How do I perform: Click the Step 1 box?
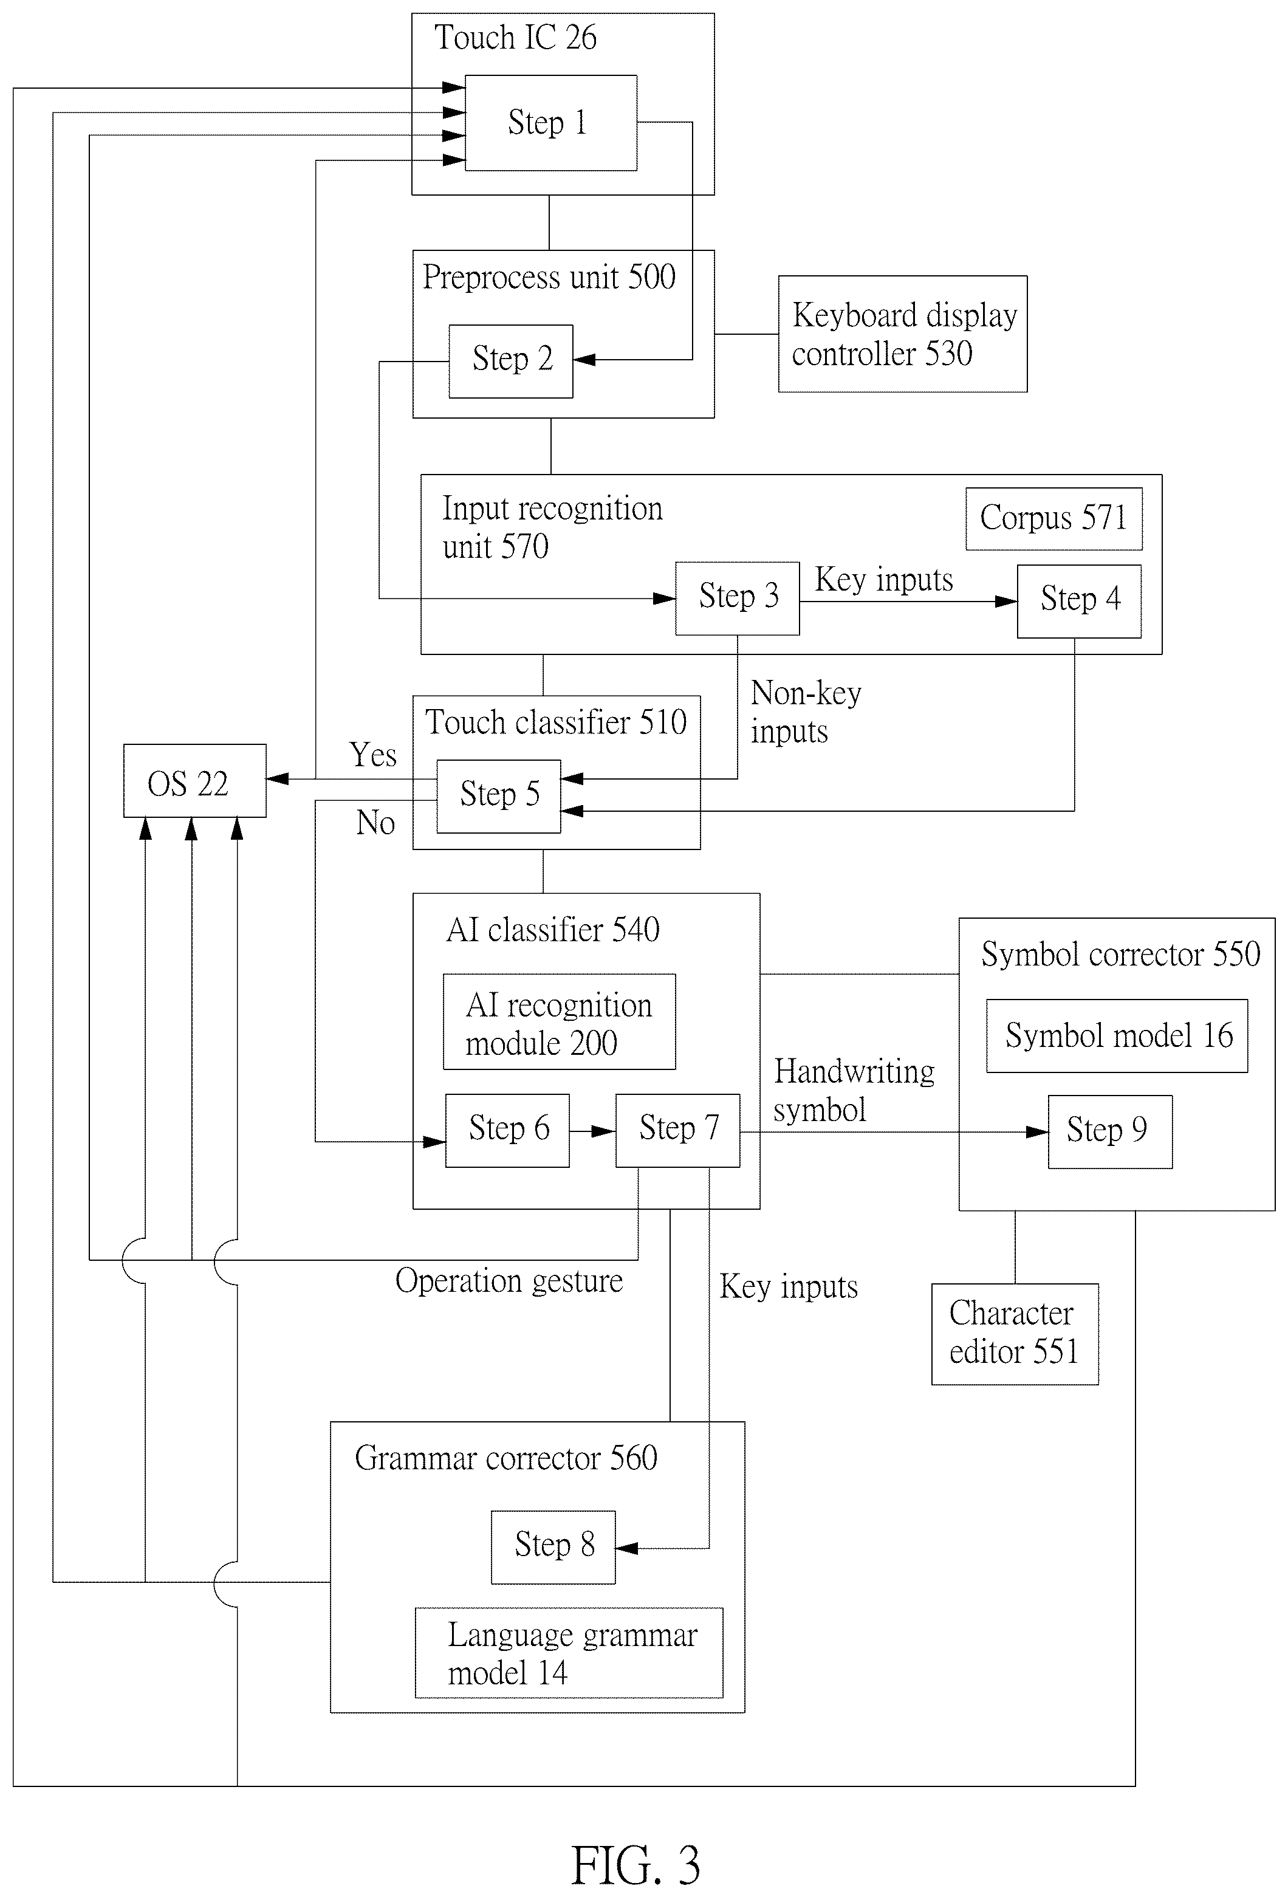pyautogui.click(x=551, y=123)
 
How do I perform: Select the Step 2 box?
pyautogui.click(x=511, y=362)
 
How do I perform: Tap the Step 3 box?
pyautogui.click(x=737, y=599)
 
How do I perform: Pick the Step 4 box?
pyautogui.click(x=1079, y=602)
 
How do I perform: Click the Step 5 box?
pyautogui.click(x=499, y=797)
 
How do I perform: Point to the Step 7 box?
pyautogui.click(x=677, y=1131)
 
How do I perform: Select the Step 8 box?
pyautogui.click(x=553, y=1548)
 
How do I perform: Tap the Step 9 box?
pyautogui.click(x=1110, y=1132)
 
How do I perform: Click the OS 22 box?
pyautogui.click(x=195, y=780)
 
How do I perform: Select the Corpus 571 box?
pyautogui.click(x=1053, y=519)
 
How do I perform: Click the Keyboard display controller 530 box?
pyautogui.click(x=903, y=334)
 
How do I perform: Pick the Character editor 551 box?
pyautogui.click(x=1015, y=1334)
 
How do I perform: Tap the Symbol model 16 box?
pyautogui.click(x=1117, y=1036)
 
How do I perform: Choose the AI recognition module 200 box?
pyautogui.click(x=559, y=1022)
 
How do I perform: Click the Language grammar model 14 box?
pyautogui.click(x=569, y=1653)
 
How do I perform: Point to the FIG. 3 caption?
pyautogui.click(x=635, y=1866)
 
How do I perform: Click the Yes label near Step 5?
pyautogui.click(x=373, y=755)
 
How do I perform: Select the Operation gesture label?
pyautogui.click(x=509, y=1281)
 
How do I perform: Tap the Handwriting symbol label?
pyautogui.click(x=854, y=1091)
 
